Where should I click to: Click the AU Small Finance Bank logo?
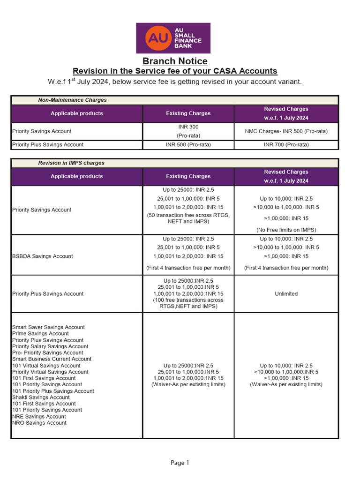[173, 38]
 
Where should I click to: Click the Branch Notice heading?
[175, 61]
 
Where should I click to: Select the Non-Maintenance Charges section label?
[72, 100]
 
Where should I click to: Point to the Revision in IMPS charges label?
[71, 163]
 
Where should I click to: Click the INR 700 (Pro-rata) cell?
[286, 145]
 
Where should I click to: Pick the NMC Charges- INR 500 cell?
[286, 131]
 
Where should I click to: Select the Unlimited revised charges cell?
[286, 294]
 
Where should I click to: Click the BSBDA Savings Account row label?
[43, 256]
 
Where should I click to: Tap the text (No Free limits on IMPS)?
[286, 230]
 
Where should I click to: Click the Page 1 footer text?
[180, 463]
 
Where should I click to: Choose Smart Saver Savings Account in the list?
[48, 327]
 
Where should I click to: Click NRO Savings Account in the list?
[39, 423]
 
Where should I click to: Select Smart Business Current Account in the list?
[52, 359]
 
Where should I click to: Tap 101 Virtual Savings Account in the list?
[46, 366]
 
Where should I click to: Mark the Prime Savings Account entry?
[40, 334]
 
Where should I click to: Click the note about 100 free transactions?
[188, 303]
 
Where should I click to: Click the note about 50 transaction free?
[188, 218]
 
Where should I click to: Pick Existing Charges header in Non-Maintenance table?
[188, 113]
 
